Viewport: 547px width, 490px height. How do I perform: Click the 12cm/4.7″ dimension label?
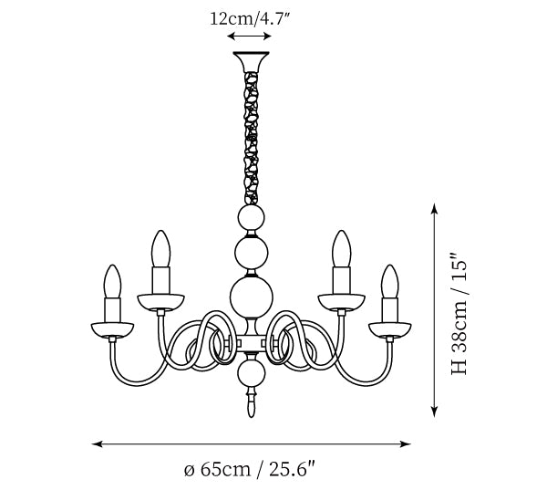pos(250,19)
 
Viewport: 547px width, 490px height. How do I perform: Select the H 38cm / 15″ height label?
pos(459,312)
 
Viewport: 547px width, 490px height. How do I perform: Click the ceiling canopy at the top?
pos(252,61)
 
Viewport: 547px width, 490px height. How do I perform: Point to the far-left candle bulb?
pos(112,281)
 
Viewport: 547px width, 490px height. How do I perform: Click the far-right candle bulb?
pos(389,281)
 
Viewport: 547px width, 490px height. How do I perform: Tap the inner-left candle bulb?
pos(160,249)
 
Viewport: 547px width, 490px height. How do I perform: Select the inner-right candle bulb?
pos(341,249)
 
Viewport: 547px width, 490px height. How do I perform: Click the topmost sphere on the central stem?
pos(251,217)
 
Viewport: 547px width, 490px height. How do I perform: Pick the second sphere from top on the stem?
pos(252,253)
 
